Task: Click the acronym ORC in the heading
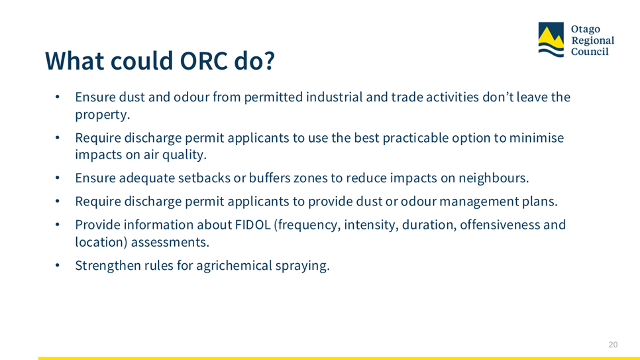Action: pyautogui.click(x=203, y=61)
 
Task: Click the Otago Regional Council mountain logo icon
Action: pyautogui.click(x=551, y=40)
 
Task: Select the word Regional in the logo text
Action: pyautogui.click(x=592, y=40)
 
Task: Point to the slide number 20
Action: pyautogui.click(x=613, y=345)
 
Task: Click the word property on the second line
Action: pyautogui.click(x=102, y=115)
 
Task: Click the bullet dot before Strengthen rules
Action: pyautogui.click(x=58, y=266)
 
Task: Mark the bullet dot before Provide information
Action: pyautogui.click(x=58, y=225)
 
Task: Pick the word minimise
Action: pyautogui.click(x=537, y=138)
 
